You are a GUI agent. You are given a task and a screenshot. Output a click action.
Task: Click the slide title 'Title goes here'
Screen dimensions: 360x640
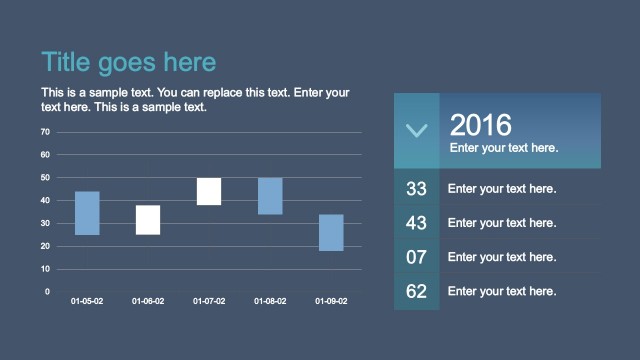[x=128, y=62]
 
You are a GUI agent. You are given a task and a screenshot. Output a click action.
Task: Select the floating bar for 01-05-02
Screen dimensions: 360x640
[x=87, y=213]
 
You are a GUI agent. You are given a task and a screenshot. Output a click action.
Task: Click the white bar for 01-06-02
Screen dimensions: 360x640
[x=148, y=220]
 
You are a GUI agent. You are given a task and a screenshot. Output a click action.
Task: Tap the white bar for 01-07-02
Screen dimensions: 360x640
[x=209, y=191]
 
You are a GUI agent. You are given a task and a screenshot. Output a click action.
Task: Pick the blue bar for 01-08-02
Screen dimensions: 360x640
[x=270, y=196]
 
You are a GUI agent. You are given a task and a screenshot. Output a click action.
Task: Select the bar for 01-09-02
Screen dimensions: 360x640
[x=331, y=232]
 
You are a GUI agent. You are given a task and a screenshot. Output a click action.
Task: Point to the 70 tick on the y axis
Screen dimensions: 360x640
[x=45, y=132]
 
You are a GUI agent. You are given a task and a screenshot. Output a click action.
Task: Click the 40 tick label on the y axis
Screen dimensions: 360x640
[x=45, y=200]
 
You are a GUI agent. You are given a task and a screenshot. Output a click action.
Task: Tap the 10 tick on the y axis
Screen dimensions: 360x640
[x=45, y=269]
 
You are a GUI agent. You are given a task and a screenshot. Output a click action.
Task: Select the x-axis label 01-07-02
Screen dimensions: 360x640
[x=209, y=301]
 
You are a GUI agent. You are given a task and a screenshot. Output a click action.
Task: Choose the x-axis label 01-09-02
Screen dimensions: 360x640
[x=331, y=301]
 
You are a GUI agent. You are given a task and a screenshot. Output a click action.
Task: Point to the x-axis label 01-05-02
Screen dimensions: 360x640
[x=87, y=301]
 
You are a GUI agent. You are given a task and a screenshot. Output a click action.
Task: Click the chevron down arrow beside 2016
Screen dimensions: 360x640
[x=417, y=130]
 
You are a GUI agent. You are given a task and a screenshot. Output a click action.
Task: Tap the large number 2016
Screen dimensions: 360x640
[x=481, y=125]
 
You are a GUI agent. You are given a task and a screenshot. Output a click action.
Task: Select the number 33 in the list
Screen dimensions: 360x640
[x=417, y=188]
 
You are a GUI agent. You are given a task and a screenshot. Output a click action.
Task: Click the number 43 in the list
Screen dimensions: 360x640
[x=417, y=223]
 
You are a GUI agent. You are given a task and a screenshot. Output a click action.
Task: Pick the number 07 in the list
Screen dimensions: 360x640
[x=417, y=257]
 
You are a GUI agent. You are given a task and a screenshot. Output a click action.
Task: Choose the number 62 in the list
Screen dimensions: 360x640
[x=417, y=292]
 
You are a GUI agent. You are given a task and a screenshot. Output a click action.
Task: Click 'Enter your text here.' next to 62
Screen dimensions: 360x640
[x=502, y=292]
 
